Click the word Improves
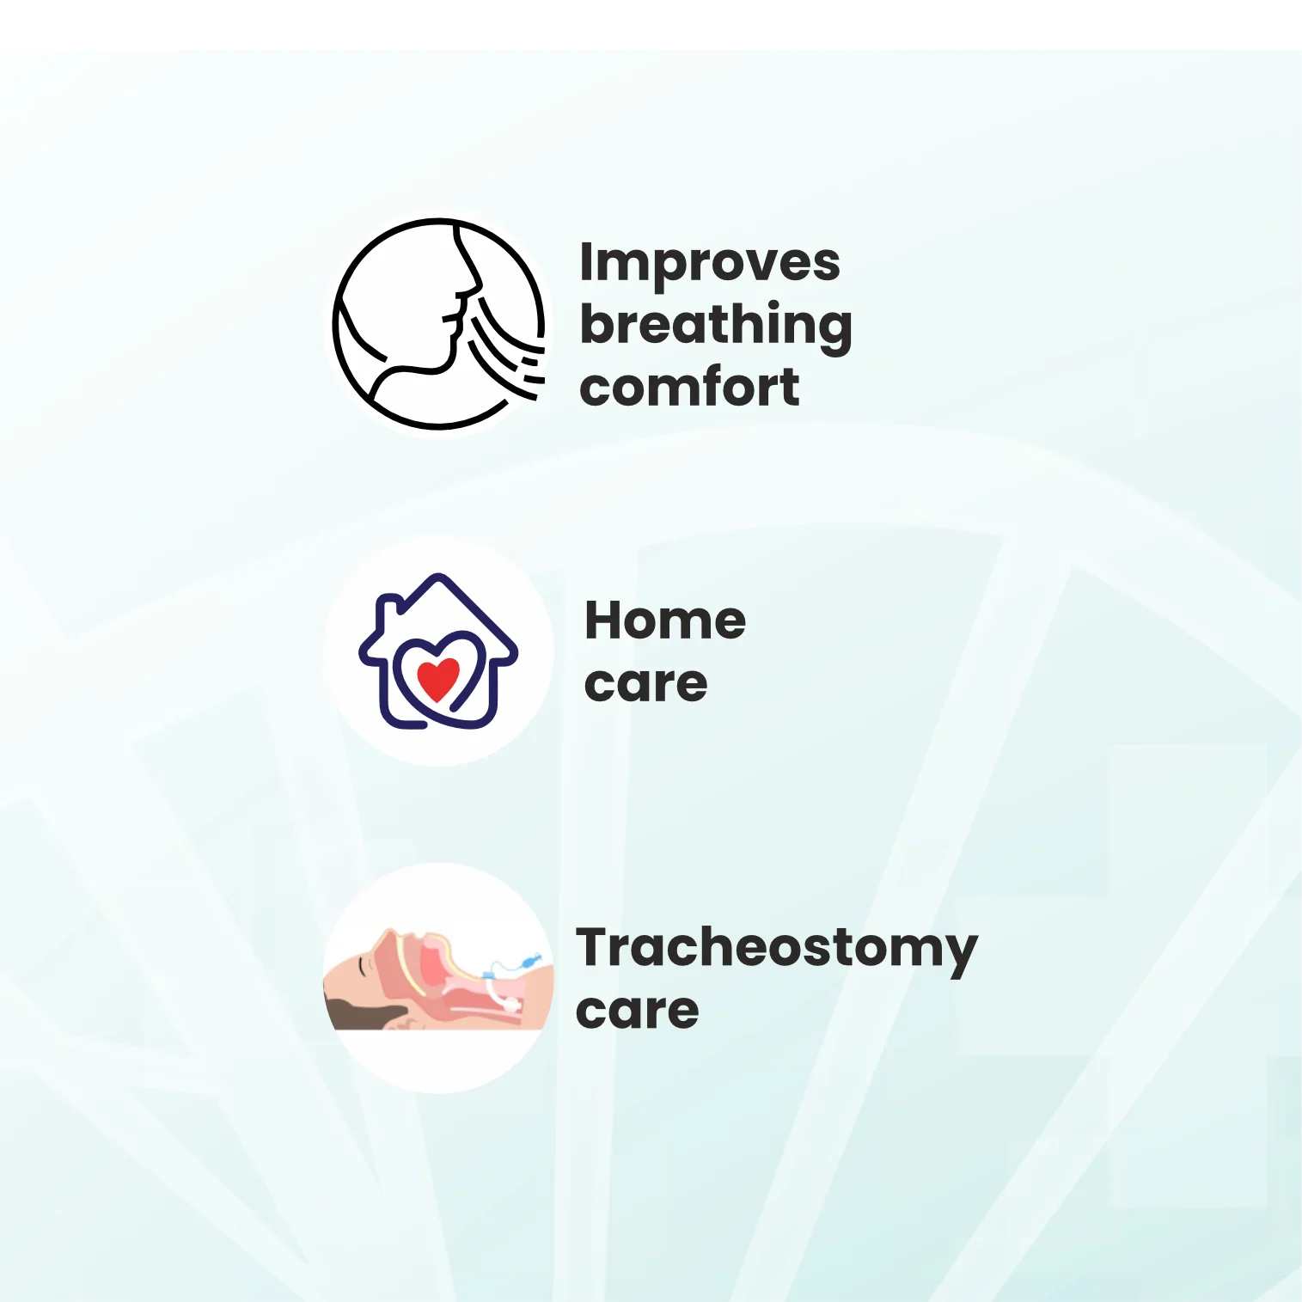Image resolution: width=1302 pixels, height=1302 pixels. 710,264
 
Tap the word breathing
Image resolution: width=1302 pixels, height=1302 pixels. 716,326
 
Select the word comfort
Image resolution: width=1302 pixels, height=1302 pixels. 689,387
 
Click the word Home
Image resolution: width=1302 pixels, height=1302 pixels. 665,620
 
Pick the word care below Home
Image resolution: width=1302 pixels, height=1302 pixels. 645,684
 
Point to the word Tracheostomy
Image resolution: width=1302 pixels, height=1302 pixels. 777,951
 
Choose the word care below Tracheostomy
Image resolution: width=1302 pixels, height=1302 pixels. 637,1011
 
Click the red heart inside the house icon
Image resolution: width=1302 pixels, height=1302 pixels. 438,678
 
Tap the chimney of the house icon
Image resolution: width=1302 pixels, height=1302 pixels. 388,608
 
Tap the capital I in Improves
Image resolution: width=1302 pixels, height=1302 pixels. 585,261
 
